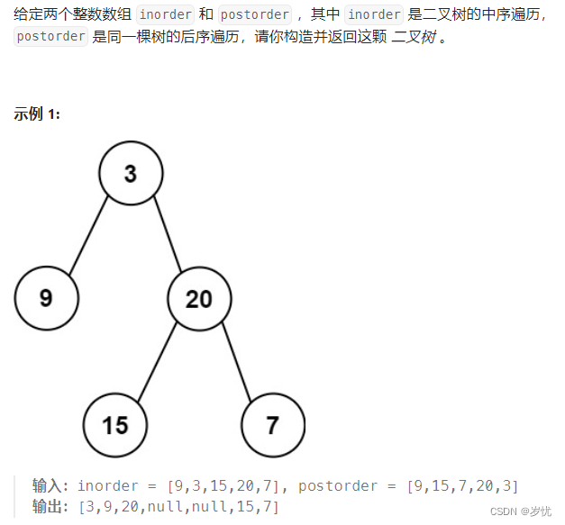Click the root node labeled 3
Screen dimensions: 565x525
[131, 173]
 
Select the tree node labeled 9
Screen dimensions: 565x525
[46, 298]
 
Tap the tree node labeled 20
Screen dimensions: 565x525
[199, 298]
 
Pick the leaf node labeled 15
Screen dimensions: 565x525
[114, 423]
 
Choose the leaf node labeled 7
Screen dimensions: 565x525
[273, 423]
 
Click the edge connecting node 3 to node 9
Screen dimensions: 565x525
[88, 235]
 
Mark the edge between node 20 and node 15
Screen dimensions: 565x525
[157, 360]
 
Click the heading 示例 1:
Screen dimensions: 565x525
[37, 114]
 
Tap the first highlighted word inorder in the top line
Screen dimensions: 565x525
[165, 15]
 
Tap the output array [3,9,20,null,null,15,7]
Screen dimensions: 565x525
[178, 507]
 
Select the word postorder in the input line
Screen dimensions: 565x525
[338, 486]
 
